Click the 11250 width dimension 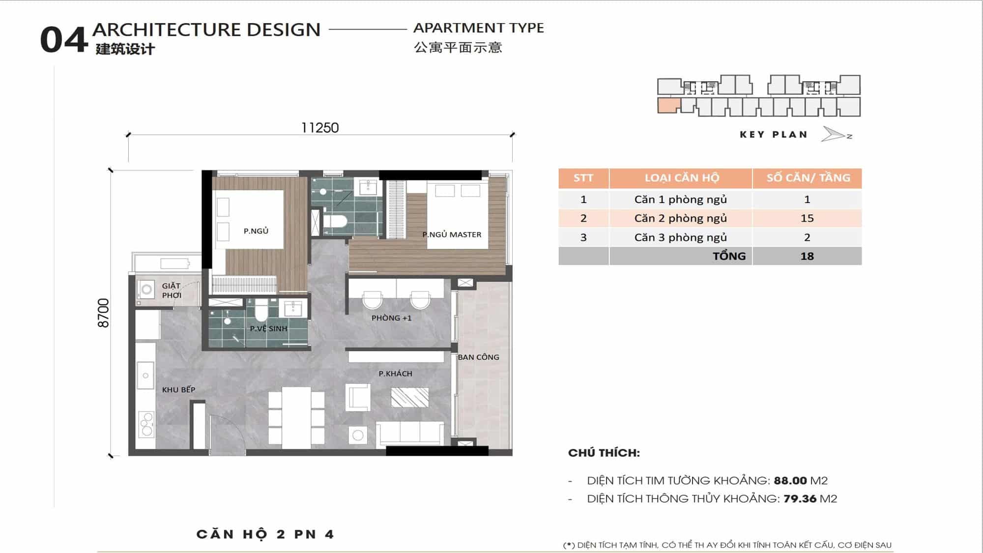click(320, 128)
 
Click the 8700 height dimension click(103, 313)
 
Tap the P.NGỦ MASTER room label click(452, 234)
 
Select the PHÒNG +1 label click(391, 318)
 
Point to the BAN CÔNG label click(478, 357)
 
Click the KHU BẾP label click(178, 390)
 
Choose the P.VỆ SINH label click(268, 328)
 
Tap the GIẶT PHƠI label click(172, 291)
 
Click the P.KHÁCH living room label click(395, 374)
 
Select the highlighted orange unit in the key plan click(669, 106)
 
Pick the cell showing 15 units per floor click(807, 218)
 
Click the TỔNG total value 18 click(807, 256)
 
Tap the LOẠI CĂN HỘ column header click(681, 178)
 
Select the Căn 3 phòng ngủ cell click(680, 237)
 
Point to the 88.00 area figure click(790, 480)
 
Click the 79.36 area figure click(800, 498)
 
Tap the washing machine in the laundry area click(146, 290)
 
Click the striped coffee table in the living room click(410, 397)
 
